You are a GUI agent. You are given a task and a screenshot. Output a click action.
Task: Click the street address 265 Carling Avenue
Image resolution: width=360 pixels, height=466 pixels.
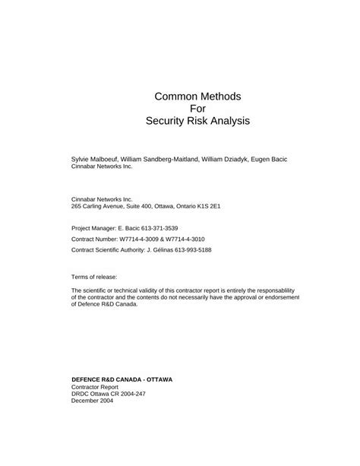pos(101,206)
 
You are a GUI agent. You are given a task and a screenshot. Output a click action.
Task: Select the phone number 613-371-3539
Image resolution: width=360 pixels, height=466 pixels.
pos(167,227)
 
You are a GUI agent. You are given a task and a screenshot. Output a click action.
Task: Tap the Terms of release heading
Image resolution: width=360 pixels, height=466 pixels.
pos(95,277)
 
